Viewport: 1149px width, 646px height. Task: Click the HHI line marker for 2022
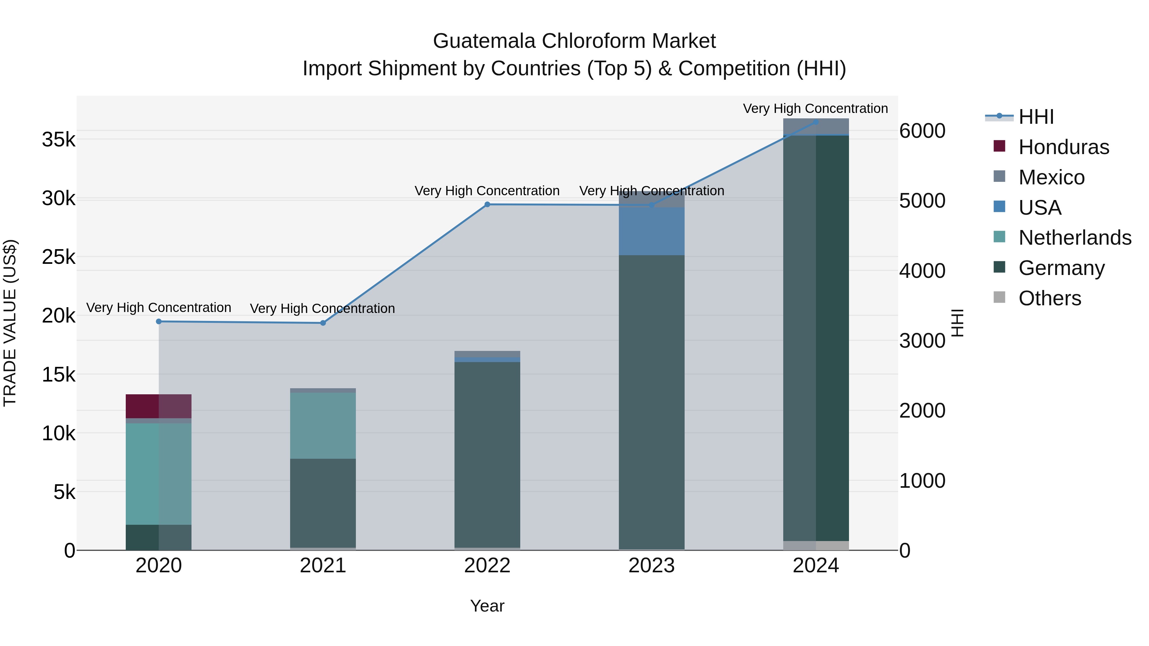click(x=487, y=204)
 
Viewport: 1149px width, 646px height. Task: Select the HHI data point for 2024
click(x=816, y=122)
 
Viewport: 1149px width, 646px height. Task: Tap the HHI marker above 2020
click(x=159, y=322)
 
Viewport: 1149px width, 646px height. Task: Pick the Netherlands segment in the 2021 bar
click(x=323, y=426)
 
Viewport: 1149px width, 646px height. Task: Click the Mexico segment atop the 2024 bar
click(x=816, y=127)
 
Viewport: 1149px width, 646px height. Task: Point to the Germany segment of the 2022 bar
click(x=487, y=455)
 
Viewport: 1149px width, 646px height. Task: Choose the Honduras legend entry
click(x=1063, y=147)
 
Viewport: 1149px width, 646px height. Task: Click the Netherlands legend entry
click(x=1075, y=238)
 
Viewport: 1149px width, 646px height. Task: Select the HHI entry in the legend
click(x=1036, y=117)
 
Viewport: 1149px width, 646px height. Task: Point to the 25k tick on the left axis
click(x=59, y=257)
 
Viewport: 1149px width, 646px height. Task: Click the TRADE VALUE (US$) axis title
click(x=10, y=323)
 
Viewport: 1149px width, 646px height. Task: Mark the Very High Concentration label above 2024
click(x=815, y=108)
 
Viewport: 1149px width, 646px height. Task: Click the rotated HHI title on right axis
click(x=957, y=323)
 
